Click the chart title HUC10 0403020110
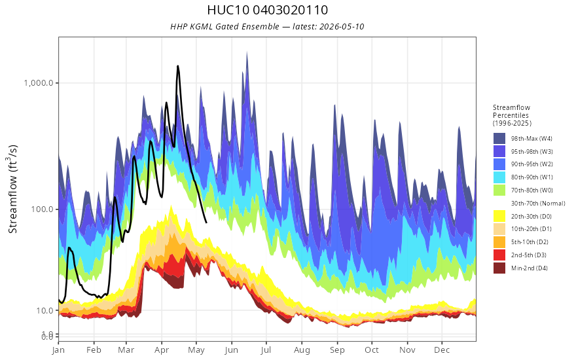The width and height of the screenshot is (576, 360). (268, 10)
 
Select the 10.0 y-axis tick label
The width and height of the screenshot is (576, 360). (46, 311)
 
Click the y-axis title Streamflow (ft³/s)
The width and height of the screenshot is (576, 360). (13, 189)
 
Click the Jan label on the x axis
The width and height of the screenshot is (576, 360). (58, 350)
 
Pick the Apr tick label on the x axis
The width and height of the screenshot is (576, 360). (162, 350)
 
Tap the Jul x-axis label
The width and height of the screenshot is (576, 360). (266, 350)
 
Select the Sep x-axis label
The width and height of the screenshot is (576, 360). (337, 350)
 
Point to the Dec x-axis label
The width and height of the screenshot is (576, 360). (442, 350)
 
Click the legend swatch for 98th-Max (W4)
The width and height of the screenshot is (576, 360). (499, 139)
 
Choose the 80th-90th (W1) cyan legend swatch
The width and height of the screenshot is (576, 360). (499, 177)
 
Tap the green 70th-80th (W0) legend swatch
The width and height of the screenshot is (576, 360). (499, 190)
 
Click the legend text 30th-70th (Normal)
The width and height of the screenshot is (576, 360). (538, 204)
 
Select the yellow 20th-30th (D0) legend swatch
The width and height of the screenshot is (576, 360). (499, 217)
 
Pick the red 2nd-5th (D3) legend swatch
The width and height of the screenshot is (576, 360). (499, 255)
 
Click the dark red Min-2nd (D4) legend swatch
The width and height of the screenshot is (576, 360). (499, 268)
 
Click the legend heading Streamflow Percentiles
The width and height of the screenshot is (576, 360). (511, 111)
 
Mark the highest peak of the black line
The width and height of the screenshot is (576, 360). (178, 66)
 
